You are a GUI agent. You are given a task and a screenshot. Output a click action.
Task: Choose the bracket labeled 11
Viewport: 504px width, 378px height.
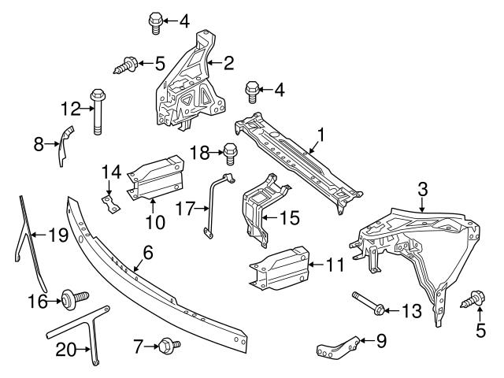point(278,266)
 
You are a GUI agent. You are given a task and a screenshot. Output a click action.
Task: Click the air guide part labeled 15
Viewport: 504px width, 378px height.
point(261,207)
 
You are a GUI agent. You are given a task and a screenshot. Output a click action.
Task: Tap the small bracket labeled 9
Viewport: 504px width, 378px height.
point(339,347)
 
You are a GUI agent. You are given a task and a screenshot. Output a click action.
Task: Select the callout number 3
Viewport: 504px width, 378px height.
point(422,188)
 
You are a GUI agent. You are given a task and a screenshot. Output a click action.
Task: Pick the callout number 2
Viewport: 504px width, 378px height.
point(228,61)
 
